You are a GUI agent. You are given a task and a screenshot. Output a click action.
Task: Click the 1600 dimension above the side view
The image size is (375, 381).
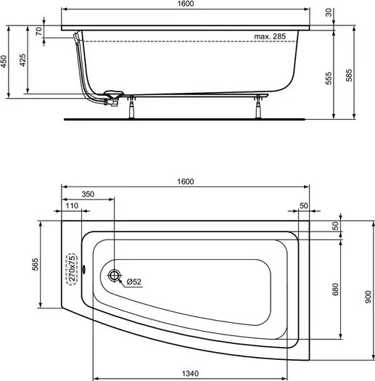coord(188,5)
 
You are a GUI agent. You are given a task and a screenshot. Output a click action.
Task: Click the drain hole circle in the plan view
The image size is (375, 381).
coord(115,276)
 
